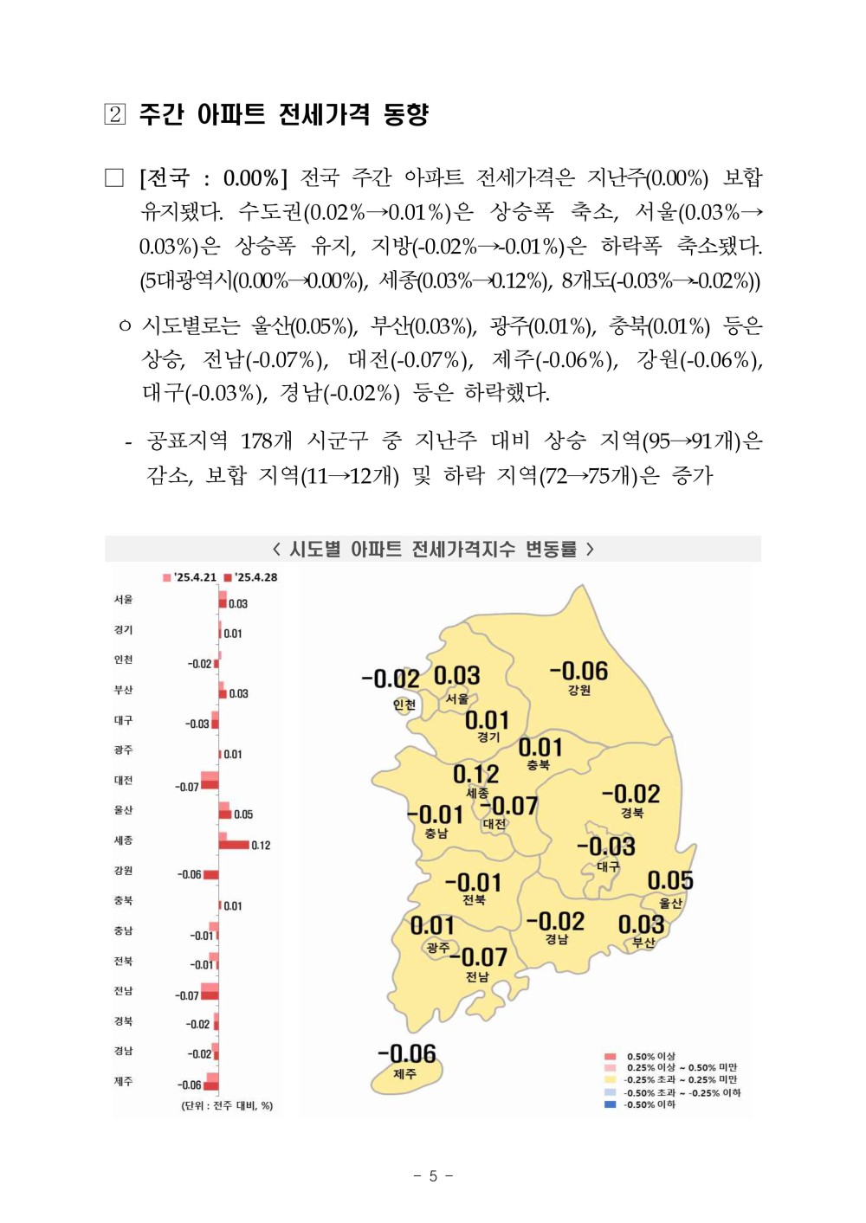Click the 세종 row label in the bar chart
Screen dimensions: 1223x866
[123, 840]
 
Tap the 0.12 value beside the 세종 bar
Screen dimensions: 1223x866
[261, 845]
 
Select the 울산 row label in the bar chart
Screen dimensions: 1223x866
[123, 810]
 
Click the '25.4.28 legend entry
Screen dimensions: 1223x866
[251, 577]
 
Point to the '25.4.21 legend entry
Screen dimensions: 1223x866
[190, 577]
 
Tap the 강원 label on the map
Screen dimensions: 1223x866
[579, 690]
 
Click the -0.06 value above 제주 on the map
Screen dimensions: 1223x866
[406, 1053]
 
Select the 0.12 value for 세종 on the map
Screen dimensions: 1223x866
[475, 773]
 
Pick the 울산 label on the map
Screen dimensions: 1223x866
[670, 903]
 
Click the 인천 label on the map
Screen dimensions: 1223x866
[404, 705]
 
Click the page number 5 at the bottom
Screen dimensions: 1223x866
[433, 1175]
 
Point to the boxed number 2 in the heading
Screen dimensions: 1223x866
[114, 114]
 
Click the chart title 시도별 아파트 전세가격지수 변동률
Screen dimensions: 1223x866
[433, 549]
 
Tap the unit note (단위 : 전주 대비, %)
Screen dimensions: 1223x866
[227, 1105]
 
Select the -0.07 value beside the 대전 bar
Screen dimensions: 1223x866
[187, 787]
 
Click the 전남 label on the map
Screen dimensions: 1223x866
[477, 976]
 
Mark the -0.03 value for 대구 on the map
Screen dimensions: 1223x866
[606, 846]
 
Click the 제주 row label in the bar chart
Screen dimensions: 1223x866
[123, 1081]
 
